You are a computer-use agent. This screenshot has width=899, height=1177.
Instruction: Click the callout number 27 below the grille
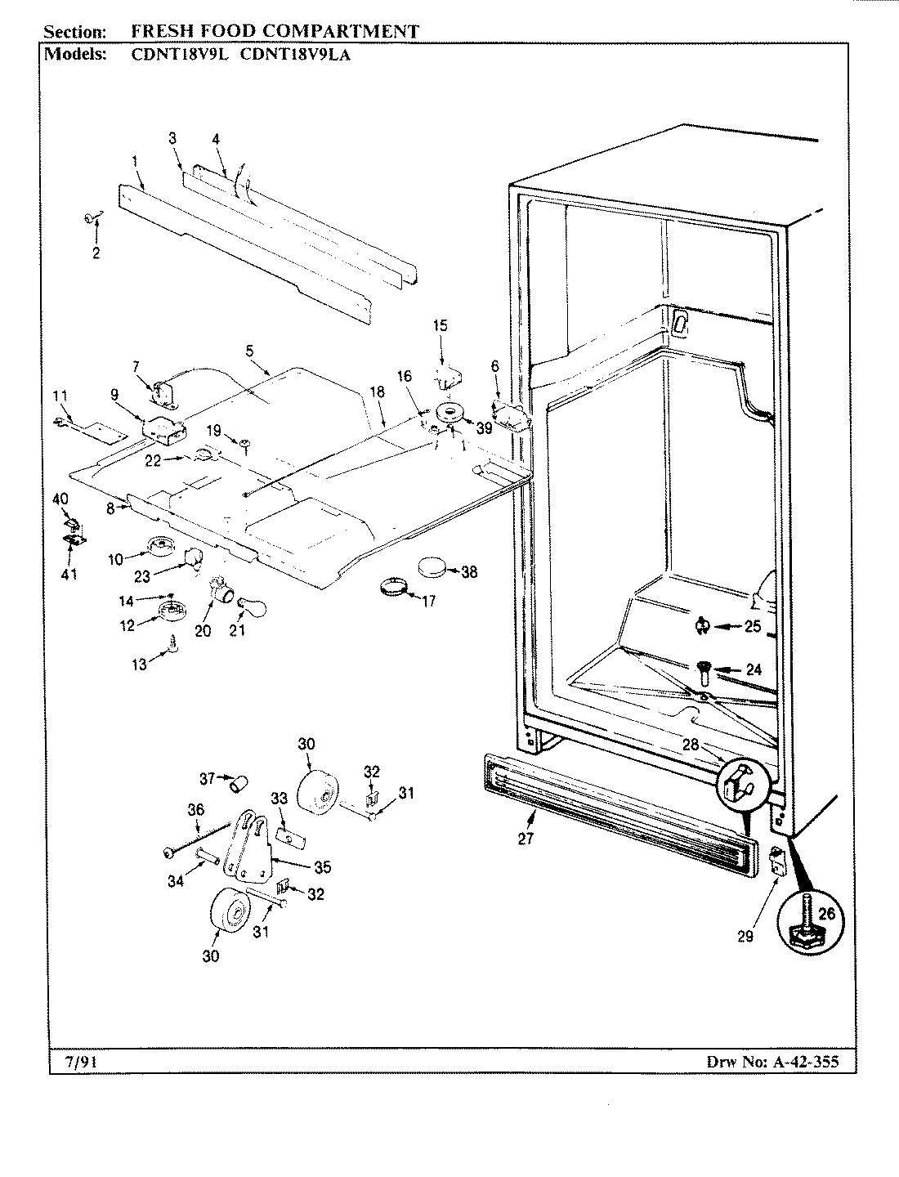(526, 838)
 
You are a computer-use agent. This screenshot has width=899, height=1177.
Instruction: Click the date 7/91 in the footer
(78, 1063)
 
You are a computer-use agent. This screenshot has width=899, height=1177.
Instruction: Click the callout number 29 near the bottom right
(745, 937)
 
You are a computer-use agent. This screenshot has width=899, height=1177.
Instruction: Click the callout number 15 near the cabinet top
(441, 325)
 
